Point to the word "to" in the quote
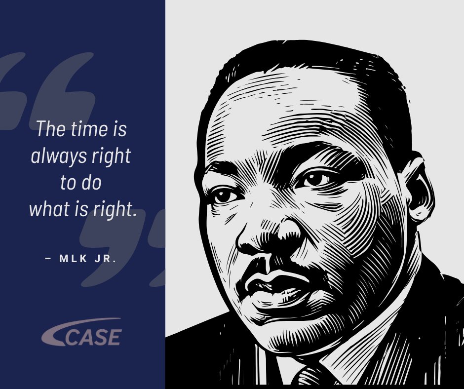click(68, 183)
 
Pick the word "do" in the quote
click(92, 183)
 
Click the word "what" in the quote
click(47, 209)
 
